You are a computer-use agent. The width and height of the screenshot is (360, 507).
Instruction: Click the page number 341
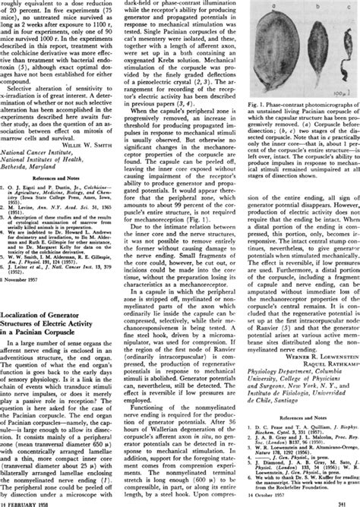click(352, 502)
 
